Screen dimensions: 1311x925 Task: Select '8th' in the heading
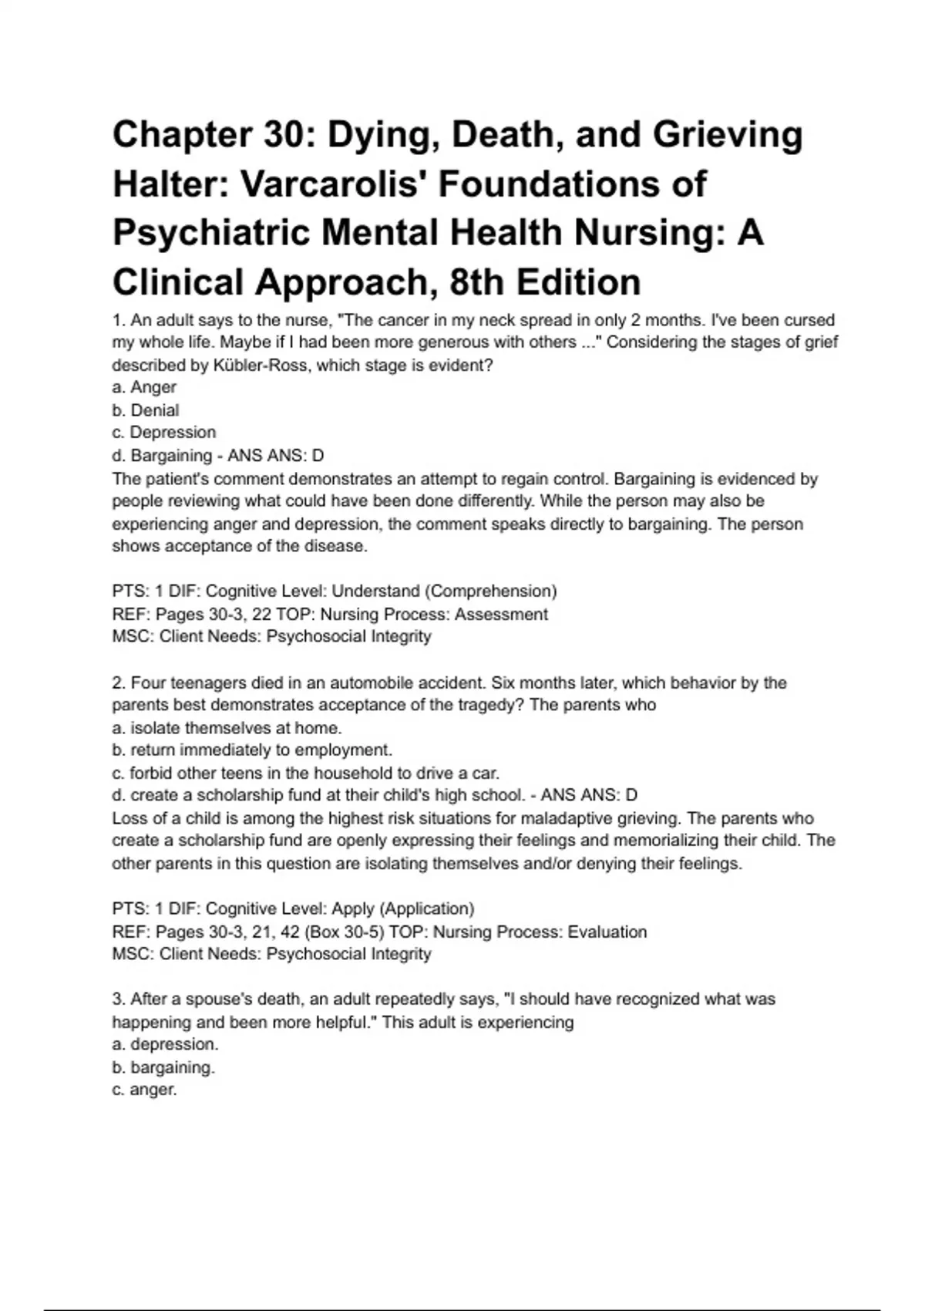476,282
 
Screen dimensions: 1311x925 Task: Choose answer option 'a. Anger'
144,387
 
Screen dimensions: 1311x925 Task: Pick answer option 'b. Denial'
146,410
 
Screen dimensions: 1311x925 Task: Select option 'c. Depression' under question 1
163,433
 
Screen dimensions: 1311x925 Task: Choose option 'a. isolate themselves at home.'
227,728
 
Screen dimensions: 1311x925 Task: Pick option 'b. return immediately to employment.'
252,750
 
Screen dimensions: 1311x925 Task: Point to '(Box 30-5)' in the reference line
345,932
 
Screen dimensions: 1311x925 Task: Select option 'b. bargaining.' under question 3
163,1068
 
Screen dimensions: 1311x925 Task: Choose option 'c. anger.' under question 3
144,1090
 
